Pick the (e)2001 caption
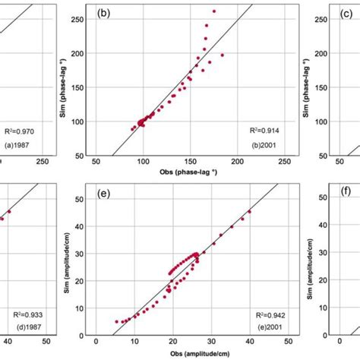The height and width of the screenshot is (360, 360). click(x=275, y=325)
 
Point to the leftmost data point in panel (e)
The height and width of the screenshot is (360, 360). click(x=117, y=321)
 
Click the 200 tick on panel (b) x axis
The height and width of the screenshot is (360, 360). click(x=238, y=161)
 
